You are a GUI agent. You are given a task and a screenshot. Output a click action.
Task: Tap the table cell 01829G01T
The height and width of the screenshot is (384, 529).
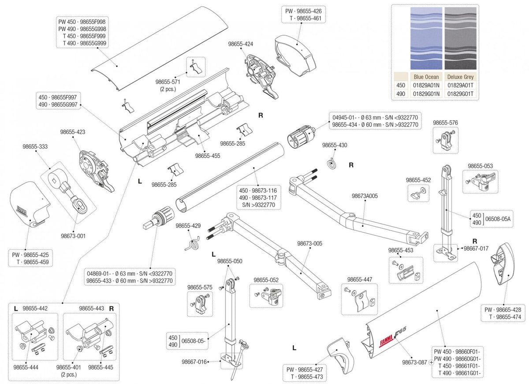point(460,93)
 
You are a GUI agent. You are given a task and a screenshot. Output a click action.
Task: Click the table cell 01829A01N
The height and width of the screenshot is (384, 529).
point(426,85)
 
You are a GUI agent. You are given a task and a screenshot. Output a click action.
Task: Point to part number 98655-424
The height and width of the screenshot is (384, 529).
point(241,44)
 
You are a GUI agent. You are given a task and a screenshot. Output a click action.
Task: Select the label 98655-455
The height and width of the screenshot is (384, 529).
point(207,156)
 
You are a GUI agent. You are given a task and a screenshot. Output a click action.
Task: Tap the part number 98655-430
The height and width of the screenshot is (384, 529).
point(335,145)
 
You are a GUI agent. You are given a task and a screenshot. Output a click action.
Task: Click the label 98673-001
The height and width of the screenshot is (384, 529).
point(73,236)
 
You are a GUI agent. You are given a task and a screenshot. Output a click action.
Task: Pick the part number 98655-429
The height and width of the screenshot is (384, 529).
point(188,225)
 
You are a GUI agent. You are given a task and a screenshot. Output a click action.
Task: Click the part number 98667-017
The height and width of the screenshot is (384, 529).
point(476,248)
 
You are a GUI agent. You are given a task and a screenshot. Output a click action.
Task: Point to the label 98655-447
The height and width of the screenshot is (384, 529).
point(359,280)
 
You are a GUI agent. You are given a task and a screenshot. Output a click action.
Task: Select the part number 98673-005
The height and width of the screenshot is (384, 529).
point(309,243)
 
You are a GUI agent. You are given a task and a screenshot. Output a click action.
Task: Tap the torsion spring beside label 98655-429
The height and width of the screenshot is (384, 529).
point(193,242)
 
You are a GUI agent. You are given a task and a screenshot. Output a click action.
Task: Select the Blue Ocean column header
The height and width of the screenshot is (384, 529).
point(426,77)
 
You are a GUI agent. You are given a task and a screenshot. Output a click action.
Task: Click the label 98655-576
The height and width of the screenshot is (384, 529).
point(445,123)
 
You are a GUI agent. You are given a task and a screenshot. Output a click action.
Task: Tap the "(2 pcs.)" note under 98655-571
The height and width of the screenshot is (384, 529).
point(168,89)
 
